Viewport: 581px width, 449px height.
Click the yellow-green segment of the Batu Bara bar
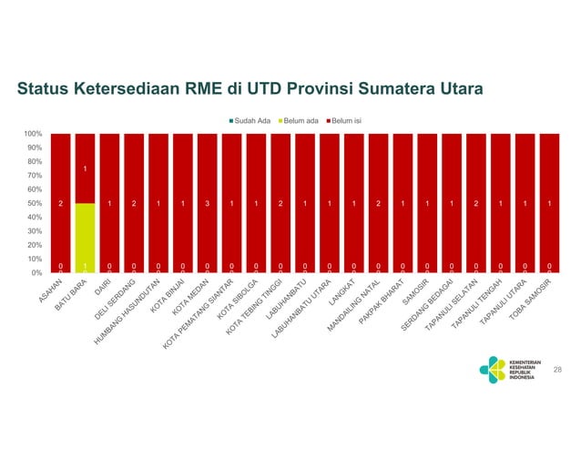pos(85,237)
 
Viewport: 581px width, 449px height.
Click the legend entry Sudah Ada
pos(251,120)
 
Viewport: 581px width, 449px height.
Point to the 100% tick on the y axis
pos(33,134)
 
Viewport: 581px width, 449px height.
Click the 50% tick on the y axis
pos(35,203)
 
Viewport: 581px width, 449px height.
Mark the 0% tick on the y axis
pos(36,272)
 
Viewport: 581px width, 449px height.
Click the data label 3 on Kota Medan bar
pos(207,203)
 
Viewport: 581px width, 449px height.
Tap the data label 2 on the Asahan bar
pos(60,203)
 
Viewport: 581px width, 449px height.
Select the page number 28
pos(558,369)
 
